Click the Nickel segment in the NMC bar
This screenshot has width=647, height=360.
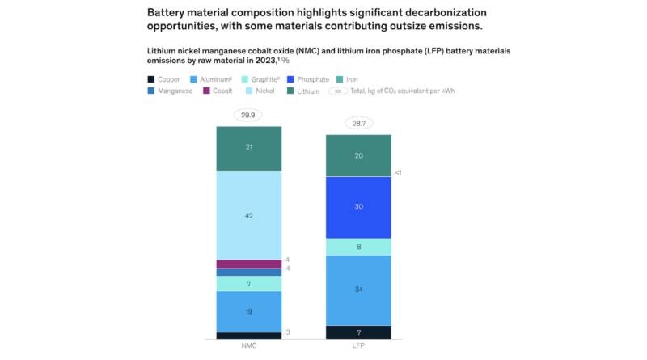pyautogui.click(x=248, y=215)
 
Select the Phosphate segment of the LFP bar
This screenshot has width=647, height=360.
pyautogui.click(x=358, y=207)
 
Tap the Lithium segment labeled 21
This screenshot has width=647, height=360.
pyautogui.click(x=248, y=148)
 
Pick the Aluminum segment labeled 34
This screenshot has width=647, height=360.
pyautogui.click(x=358, y=290)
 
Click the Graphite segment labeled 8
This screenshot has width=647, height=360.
pyautogui.click(x=358, y=247)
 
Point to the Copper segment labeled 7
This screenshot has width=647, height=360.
pyautogui.click(x=358, y=332)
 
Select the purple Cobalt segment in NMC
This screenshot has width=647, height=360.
pyautogui.click(x=248, y=264)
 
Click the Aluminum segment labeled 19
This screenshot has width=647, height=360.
pyautogui.click(x=248, y=311)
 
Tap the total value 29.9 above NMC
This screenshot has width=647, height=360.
pyautogui.click(x=248, y=116)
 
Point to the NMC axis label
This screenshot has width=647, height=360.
pyautogui.click(x=248, y=346)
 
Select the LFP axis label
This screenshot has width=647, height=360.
pyautogui.click(x=358, y=346)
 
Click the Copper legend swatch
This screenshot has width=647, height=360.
pyautogui.click(x=151, y=79)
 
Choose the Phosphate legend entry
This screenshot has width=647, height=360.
pyautogui.click(x=307, y=79)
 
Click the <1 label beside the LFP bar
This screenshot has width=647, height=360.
pyautogui.click(x=398, y=172)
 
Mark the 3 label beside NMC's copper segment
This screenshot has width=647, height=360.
pyautogui.click(x=288, y=332)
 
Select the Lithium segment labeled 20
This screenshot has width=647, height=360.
pyautogui.click(x=358, y=155)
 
